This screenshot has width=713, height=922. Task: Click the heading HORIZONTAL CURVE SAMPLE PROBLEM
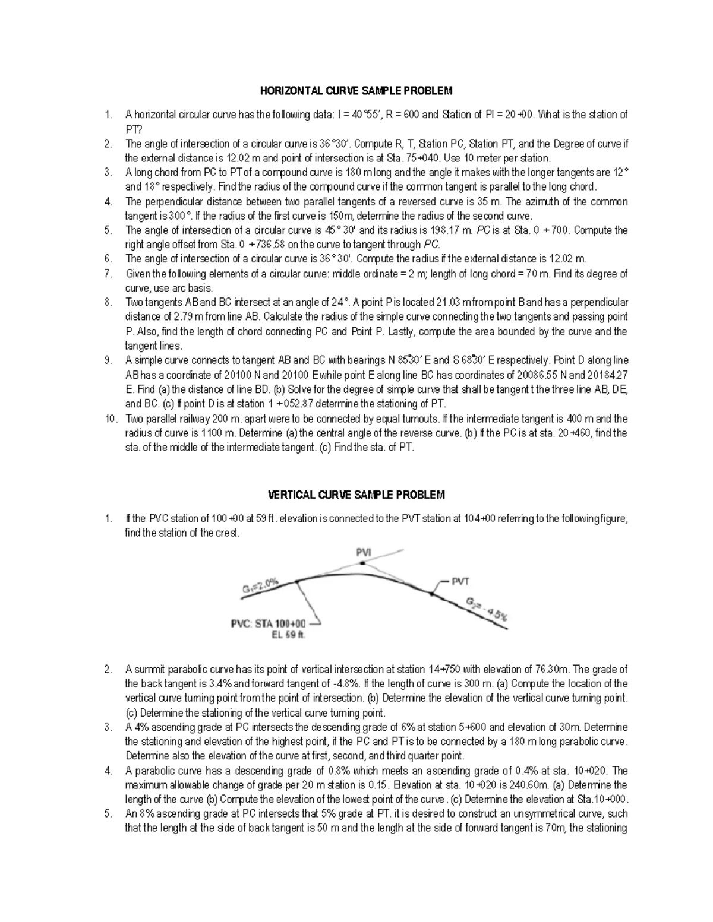pyautogui.click(x=356, y=91)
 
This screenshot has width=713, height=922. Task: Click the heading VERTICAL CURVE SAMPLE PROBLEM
pyautogui.click(x=356, y=495)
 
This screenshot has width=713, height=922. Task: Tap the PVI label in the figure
pyautogui.click(x=363, y=552)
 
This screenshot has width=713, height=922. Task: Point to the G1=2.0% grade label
pyautogui.click(x=260, y=587)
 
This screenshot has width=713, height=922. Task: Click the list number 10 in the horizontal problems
pyautogui.click(x=111, y=419)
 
